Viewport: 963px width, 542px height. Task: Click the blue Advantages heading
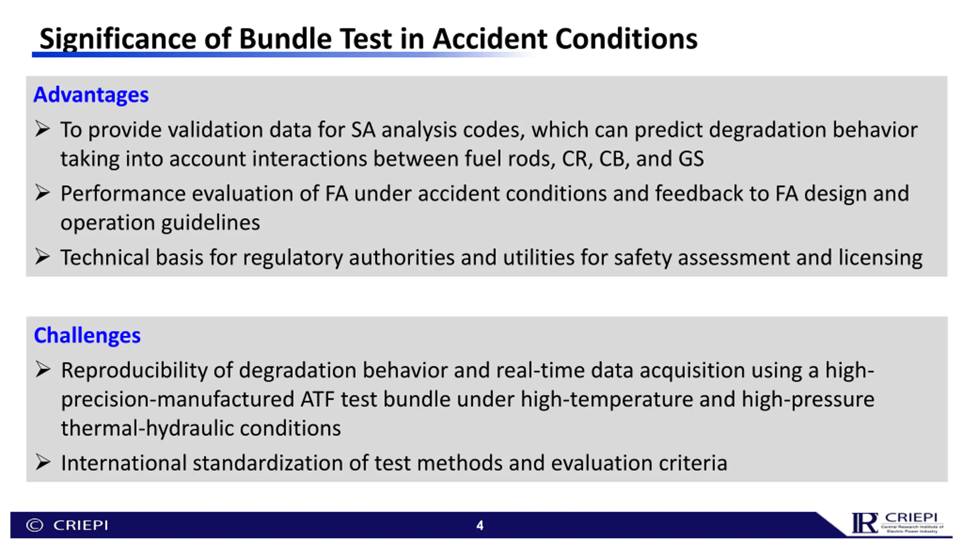[x=91, y=95]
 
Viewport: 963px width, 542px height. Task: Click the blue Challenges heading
[x=87, y=335]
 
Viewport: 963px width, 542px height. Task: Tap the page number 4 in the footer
[x=480, y=525]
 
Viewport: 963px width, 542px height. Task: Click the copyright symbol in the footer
[x=35, y=525]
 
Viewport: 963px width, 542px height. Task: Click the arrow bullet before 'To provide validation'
[x=42, y=129]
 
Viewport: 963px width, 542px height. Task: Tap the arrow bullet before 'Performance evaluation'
[x=42, y=193]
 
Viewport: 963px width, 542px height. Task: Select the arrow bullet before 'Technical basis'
[x=42, y=257]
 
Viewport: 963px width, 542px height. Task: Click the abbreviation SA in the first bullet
[x=363, y=130]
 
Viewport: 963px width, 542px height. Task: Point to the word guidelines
[x=211, y=223]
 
